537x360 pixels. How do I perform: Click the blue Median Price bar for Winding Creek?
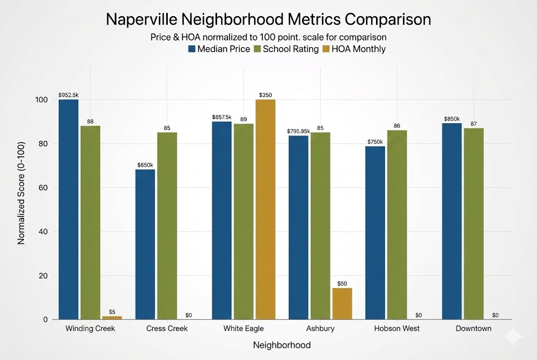tap(68, 210)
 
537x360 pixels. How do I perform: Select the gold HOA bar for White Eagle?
tap(265, 210)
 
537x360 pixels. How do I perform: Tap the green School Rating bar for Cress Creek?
tap(167, 225)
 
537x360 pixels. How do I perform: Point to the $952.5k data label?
tap(68, 95)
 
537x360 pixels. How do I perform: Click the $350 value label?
tap(265, 95)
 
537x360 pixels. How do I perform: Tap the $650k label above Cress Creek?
tap(145, 165)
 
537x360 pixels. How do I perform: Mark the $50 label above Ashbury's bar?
tap(342, 283)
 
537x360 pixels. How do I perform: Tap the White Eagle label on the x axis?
tap(243, 329)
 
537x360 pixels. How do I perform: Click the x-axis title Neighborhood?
tap(282, 345)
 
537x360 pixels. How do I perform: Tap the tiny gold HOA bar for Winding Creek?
tap(112, 318)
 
